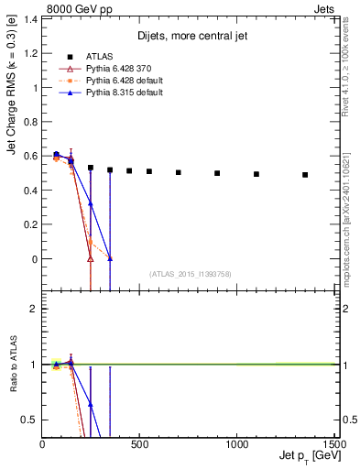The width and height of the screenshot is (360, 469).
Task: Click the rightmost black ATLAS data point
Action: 305,175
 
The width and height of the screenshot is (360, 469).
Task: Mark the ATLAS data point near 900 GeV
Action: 217,173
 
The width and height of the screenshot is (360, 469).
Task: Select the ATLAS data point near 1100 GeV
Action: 256,174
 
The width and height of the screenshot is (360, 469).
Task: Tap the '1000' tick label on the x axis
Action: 237,446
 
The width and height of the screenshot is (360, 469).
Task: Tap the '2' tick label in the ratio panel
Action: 32,309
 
